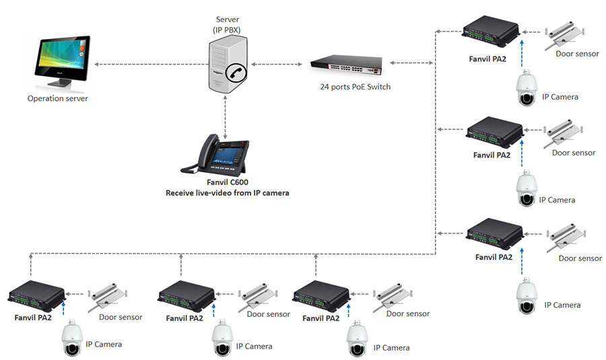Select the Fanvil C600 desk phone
[x=216, y=154]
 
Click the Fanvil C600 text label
[x=227, y=183]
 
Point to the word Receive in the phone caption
[x=182, y=193]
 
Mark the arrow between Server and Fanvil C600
[x=226, y=115]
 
